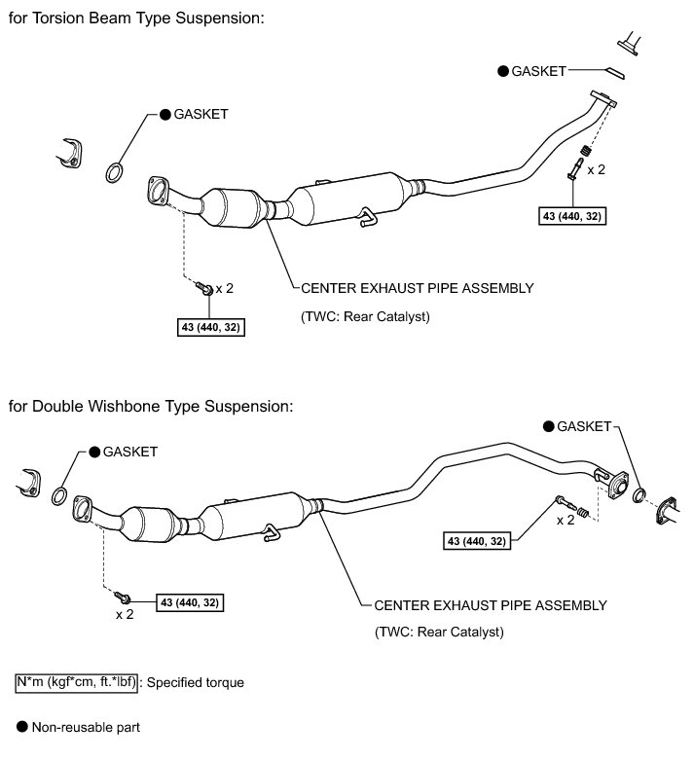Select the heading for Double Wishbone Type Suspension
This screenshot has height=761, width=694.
tap(150, 404)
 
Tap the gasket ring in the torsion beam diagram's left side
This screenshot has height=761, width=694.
tap(114, 174)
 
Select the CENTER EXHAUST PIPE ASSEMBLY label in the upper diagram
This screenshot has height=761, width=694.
tap(418, 288)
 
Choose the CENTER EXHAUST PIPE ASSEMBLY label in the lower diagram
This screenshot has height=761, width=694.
tap(491, 604)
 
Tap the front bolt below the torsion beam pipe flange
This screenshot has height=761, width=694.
tap(204, 288)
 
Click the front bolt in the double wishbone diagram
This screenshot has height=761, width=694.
tap(122, 596)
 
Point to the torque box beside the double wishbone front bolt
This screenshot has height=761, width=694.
tap(190, 602)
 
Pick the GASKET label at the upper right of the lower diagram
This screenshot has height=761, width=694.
tap(582, 426)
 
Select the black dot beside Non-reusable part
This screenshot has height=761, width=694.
tap(21, 726)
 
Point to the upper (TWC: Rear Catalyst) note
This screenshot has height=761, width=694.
tap(365, 316)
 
